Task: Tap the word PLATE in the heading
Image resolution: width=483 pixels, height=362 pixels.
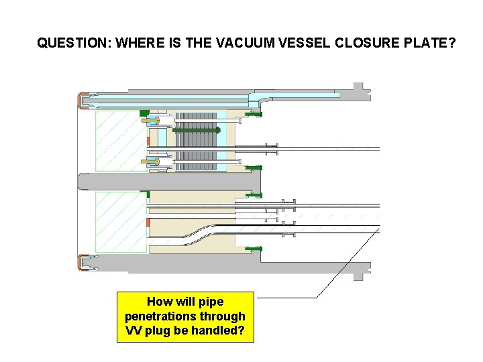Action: (431, 44)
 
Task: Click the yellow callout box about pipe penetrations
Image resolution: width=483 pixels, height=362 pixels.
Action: (185, 316)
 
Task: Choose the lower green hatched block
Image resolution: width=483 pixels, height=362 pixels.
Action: (121, 222)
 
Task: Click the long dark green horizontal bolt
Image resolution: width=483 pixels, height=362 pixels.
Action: (196, 130)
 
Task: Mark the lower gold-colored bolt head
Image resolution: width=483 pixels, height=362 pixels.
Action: (154, 161)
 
